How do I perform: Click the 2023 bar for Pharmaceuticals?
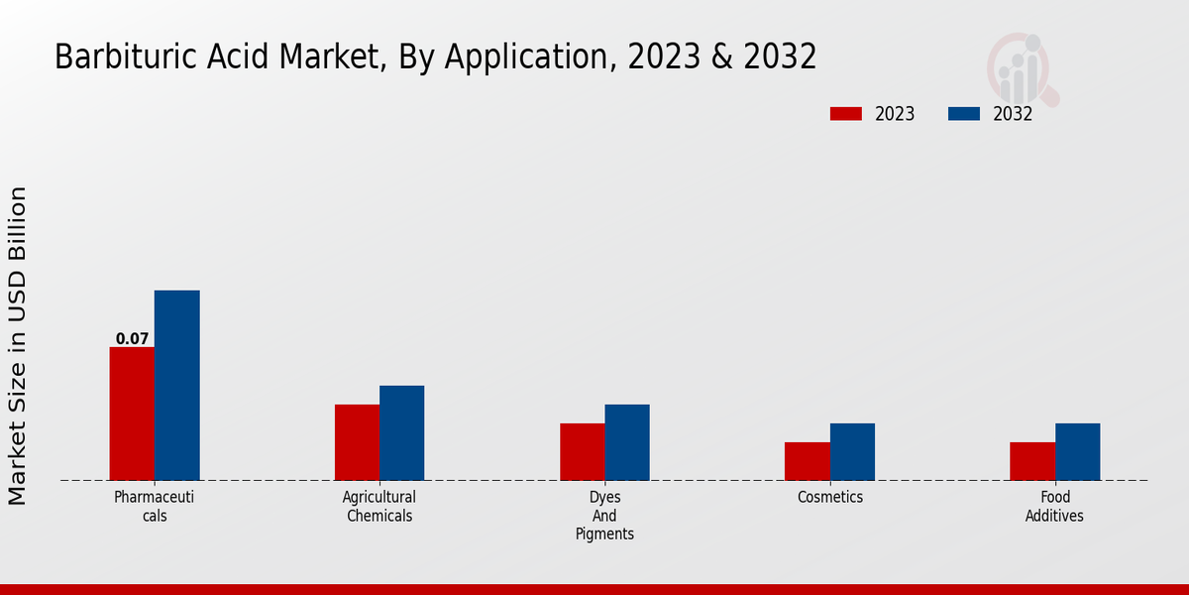[132, 414]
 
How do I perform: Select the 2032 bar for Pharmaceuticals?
[176, 386]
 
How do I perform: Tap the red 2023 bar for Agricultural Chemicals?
[357, 442]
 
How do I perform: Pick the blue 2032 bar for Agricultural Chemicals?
[401, 433]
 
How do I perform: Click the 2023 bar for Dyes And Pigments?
[582, 452]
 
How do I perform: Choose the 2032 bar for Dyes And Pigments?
[627, 442]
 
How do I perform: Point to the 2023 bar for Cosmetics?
[807, 461]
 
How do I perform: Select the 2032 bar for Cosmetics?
[852, 452]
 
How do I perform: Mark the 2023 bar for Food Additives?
[1032, 461]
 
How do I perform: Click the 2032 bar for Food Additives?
[1077, 452]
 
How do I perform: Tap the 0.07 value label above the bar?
[132, 339]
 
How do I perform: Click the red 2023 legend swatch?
[845, 114]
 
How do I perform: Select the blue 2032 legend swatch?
[963, 114]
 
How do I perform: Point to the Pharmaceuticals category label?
[154, 506]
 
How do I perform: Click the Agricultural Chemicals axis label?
[379, 506]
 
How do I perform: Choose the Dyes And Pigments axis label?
[604, 516]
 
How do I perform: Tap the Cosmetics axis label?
[830, 497]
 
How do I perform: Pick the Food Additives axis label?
[1054, 506]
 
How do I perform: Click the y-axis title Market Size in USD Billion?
[19, 345]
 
